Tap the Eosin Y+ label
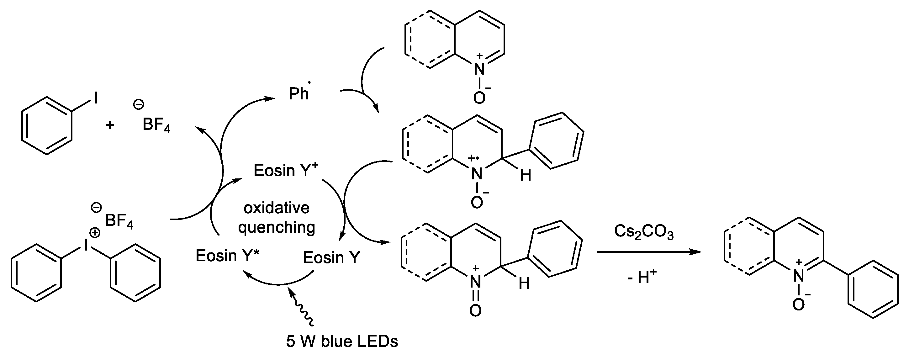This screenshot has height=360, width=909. coord(285,171)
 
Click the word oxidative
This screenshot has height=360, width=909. coord(276,208)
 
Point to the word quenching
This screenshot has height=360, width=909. coord(276,228)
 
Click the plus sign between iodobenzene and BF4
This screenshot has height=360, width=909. coord(110,125)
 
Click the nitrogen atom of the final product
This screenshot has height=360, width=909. coord(798,276)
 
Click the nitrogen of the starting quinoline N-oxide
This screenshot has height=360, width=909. coord(479,69)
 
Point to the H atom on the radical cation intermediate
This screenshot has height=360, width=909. coord(526,175)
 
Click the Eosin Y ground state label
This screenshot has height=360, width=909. coord(331,258)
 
